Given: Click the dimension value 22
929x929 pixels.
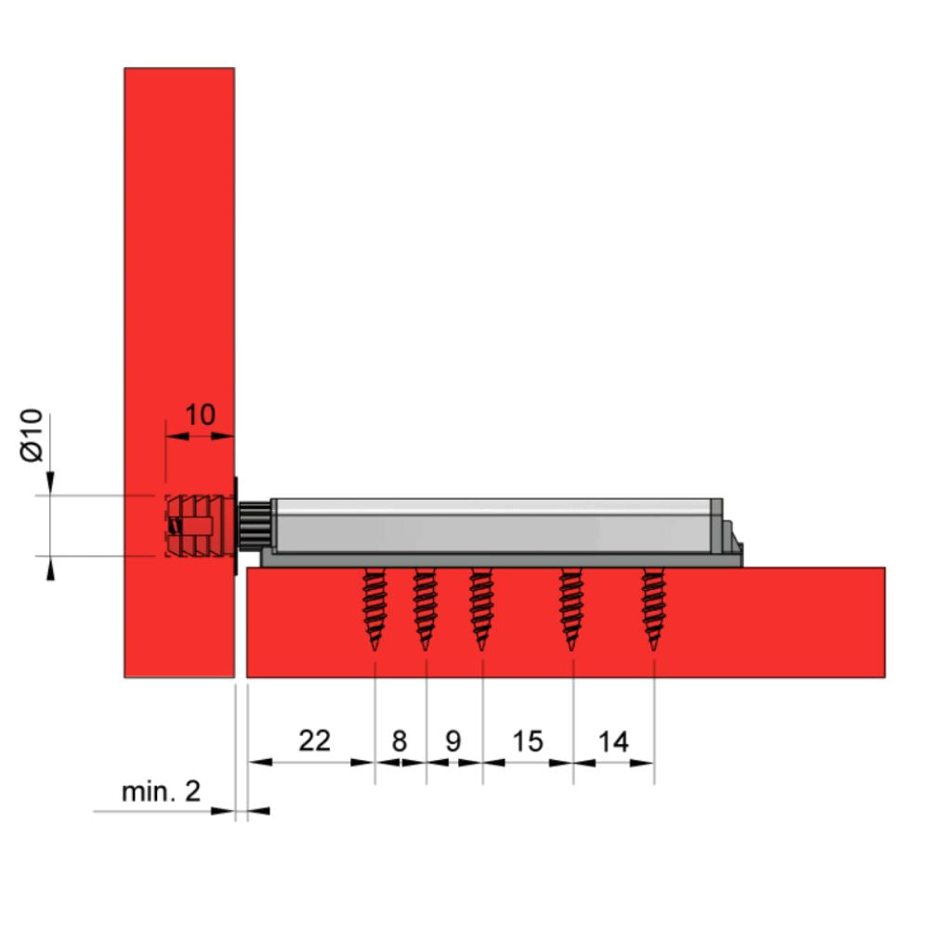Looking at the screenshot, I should click(x=314, y=740).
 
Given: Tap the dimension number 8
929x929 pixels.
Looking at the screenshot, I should click(x=399, y=741).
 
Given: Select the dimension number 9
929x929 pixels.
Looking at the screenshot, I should click(x=453, y=741).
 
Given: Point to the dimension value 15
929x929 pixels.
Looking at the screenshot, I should click(x=527, y=741).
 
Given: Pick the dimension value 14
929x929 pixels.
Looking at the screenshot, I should click(x=613, y=741).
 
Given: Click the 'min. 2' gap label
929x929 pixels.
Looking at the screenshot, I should click(x=161, y=792).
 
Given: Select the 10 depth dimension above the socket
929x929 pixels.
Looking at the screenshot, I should click(x=200, y=414).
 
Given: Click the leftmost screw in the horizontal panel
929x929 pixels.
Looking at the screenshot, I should click(x=374, y=608).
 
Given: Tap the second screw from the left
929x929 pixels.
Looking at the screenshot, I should click(x=425, y=608).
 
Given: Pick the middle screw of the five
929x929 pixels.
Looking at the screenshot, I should click(x=481, y=608).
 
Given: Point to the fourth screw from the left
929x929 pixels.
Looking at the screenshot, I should click(x=570, y=608).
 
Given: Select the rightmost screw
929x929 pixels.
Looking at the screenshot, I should click(x=653, y=608).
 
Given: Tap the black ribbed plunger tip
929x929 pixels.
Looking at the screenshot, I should click(x=254, y=525).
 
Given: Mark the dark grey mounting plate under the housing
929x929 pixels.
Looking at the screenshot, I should click(x=502, y=559).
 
